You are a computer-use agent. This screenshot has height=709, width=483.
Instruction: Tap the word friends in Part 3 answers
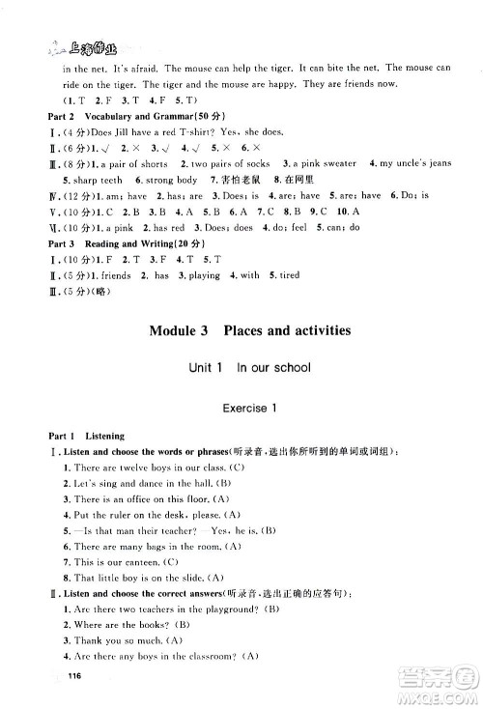click(x=95, y=275)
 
